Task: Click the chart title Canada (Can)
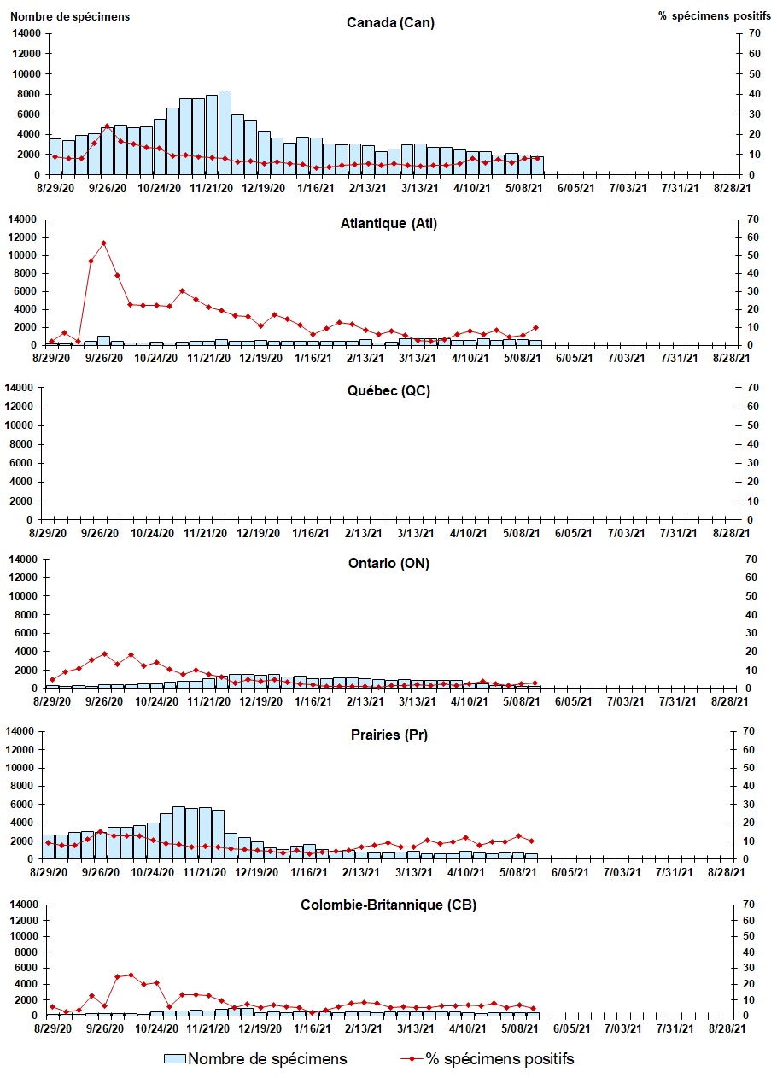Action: tap(390, 22)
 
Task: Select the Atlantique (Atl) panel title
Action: tap(389, 224)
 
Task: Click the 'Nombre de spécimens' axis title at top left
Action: tap(70, 16)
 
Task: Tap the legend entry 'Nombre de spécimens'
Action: tap(256, 1059)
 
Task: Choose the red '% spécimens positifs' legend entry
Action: tap(488, 1059)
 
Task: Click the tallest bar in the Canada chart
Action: tap(225, 132)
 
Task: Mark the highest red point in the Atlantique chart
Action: tap(104, 243)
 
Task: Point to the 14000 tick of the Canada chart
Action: tap(26, 33)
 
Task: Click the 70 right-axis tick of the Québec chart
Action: tap(751, 388)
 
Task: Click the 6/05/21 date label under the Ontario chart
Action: tap(574, 701)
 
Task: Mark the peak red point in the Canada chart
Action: tap(107, 126)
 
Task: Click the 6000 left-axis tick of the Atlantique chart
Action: tap(29, 291)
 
